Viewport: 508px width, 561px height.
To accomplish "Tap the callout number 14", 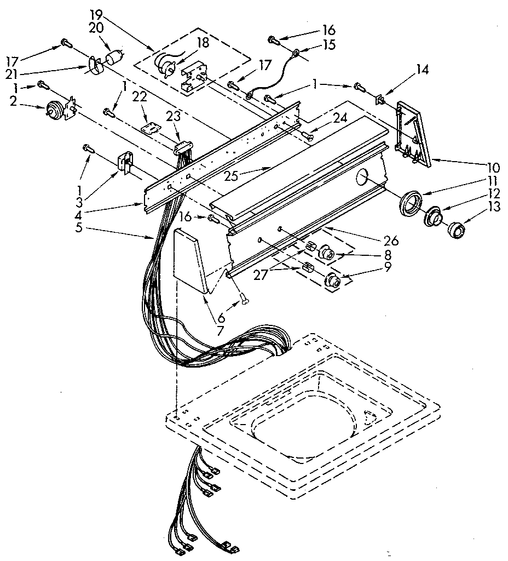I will (422, 70).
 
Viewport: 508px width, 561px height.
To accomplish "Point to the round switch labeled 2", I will (54, 111).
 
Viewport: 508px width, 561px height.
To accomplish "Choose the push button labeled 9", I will (332, 280).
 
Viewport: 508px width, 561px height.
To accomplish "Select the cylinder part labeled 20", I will (115, 56).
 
